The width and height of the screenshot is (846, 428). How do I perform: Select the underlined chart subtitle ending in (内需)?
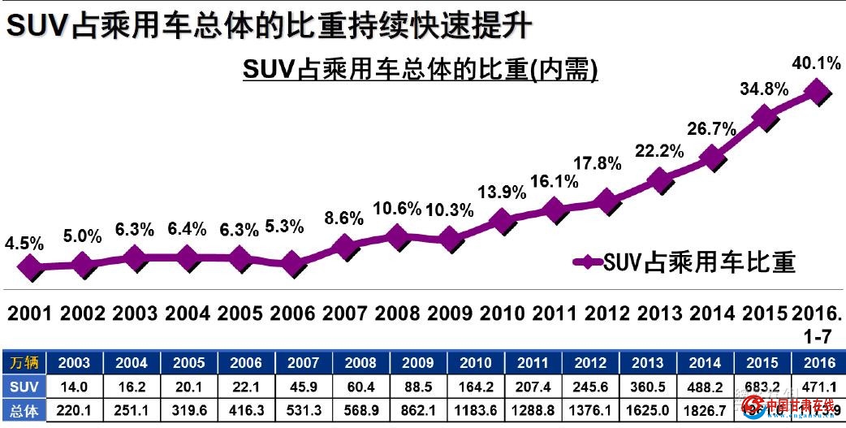pyautogui.click(x=420, y=71)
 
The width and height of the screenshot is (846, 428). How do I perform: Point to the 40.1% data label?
pyautogui.click(x=818, y=62)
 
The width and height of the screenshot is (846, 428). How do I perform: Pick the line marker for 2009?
pyautogui.click(x=450, y=239)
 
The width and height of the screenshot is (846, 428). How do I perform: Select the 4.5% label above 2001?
pyautogui.click(x=24, y=244)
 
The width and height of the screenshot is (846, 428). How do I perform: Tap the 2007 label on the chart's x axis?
pyautogui.click(x=345, y=313)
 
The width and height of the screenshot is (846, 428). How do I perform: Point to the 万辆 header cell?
pyautogui.click(x=24, y=363)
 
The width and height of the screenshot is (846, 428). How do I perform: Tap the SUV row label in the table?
pyautogui.click(x=24, y=385)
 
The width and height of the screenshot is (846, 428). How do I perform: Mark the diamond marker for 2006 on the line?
pyautogui.click(x=292, y=264)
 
